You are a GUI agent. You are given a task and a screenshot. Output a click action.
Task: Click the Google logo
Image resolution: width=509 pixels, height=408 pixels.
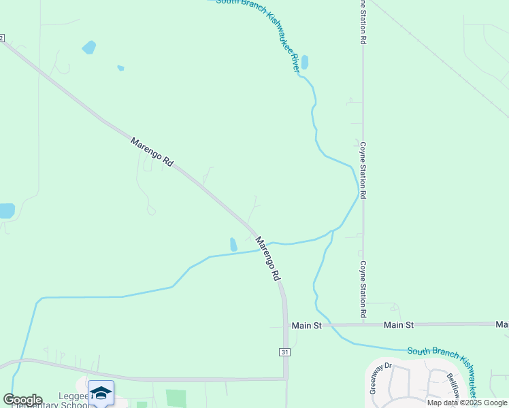(22, 400)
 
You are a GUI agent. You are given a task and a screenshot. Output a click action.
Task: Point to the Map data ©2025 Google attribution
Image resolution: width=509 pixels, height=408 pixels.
(467, 403)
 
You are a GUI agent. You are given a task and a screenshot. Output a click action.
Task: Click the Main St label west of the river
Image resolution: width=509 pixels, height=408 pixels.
(306, 326)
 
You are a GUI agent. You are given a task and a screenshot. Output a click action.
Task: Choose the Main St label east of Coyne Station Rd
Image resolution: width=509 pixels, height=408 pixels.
(398, 325)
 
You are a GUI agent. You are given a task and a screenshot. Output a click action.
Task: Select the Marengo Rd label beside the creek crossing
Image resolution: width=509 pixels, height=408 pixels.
(268, 258)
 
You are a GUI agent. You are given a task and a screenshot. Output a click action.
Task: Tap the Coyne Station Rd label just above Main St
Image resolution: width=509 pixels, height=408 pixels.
(363, 288)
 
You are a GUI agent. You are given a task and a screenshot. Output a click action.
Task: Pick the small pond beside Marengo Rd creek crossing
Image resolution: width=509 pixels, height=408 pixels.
(233, 244)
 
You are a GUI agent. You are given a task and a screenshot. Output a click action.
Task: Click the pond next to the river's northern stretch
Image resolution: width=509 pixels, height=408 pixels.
(304, 63)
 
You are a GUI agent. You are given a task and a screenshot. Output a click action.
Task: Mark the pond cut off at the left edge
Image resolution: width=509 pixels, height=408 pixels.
(6, 211)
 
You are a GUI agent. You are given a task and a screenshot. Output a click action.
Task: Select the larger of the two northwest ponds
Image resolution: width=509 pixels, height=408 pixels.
(88, 48)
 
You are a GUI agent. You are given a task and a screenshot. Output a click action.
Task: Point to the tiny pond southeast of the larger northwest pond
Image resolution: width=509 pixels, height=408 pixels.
(120, 68)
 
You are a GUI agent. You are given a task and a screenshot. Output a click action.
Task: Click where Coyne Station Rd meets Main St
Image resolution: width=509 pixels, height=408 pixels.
(363, 324)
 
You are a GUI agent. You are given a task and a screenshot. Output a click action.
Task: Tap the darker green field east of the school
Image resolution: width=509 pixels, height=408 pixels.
(176, 398)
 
